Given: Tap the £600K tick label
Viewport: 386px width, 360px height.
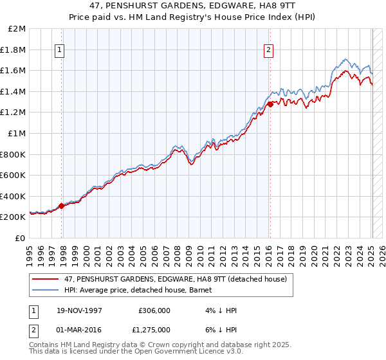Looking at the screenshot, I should pyautogui.click(x=13, y=175).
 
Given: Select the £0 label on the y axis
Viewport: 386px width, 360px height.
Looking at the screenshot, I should pyautogui.click(x=21, y=238).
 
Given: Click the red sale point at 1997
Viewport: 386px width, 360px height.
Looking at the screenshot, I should pyautogui.click(x=62, y=206).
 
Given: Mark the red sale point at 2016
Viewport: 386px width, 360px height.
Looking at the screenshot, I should pyautogui.click(x=270, y=104).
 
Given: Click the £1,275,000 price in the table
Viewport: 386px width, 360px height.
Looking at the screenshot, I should pyautogui.click(x=154, y=328).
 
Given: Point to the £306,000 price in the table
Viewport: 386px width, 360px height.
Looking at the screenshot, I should pyautogui.click(x=154, y=310).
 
